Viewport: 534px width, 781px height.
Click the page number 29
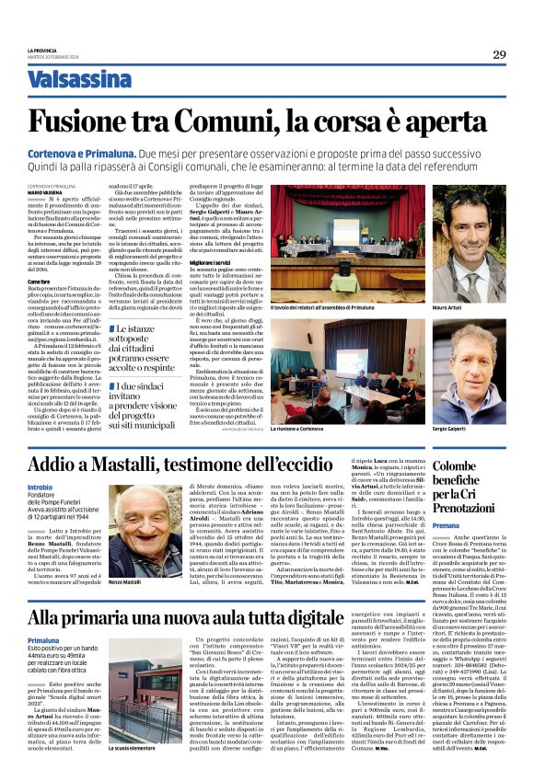499,54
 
